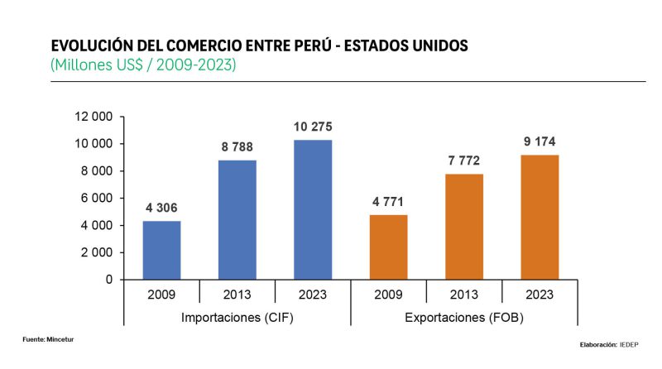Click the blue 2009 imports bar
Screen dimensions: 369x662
(161, 250)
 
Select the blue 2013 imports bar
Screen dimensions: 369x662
(237, 219)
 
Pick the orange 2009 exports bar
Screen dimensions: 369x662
(389, 247)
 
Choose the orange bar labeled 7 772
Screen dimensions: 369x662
(464, 227)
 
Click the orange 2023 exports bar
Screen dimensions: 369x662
(540, 217)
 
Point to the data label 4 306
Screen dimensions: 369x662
(161, 208)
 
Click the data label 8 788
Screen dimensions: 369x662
(237, 146)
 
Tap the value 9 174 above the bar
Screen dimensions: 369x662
(540, 141)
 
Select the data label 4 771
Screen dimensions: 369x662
(389, 201)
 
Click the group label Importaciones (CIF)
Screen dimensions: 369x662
(237, 317)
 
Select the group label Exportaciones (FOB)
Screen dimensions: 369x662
(464, 317)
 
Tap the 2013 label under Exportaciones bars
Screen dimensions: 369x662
(464, 293)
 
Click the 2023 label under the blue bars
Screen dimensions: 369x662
(313, 293)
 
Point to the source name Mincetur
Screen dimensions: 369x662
(60, 338)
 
